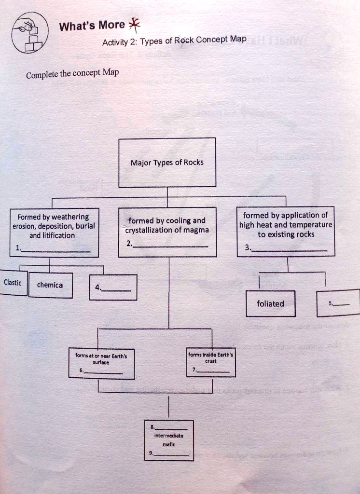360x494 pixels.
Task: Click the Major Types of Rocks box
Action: (x=167, y=162)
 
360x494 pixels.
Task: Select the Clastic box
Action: (x=13, y=283)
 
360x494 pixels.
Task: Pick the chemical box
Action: (x=50, y=285)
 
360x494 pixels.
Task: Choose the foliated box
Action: (x=270, y=303)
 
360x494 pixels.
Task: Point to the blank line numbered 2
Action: (x=170, y=246)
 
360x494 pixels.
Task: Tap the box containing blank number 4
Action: (x=113, y=288)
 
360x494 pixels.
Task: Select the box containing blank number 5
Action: (x=338, y=303)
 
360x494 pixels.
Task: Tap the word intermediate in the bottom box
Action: (x=168, y=435)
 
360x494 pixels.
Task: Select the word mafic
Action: (x=168, y=444)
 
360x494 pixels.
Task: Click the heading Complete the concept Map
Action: (x=72, y=74)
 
